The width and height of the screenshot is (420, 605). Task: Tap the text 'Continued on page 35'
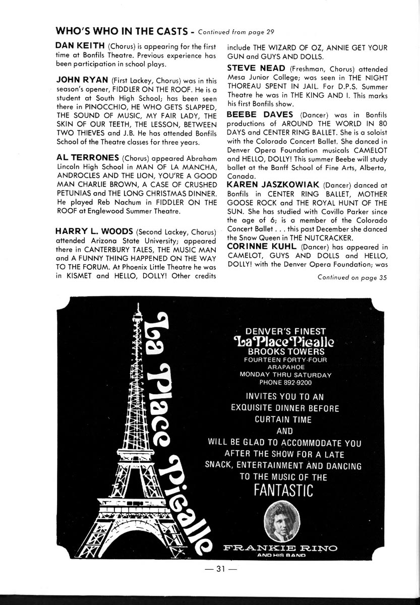pos(352,277)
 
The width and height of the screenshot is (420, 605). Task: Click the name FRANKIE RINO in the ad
pos(281,547)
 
